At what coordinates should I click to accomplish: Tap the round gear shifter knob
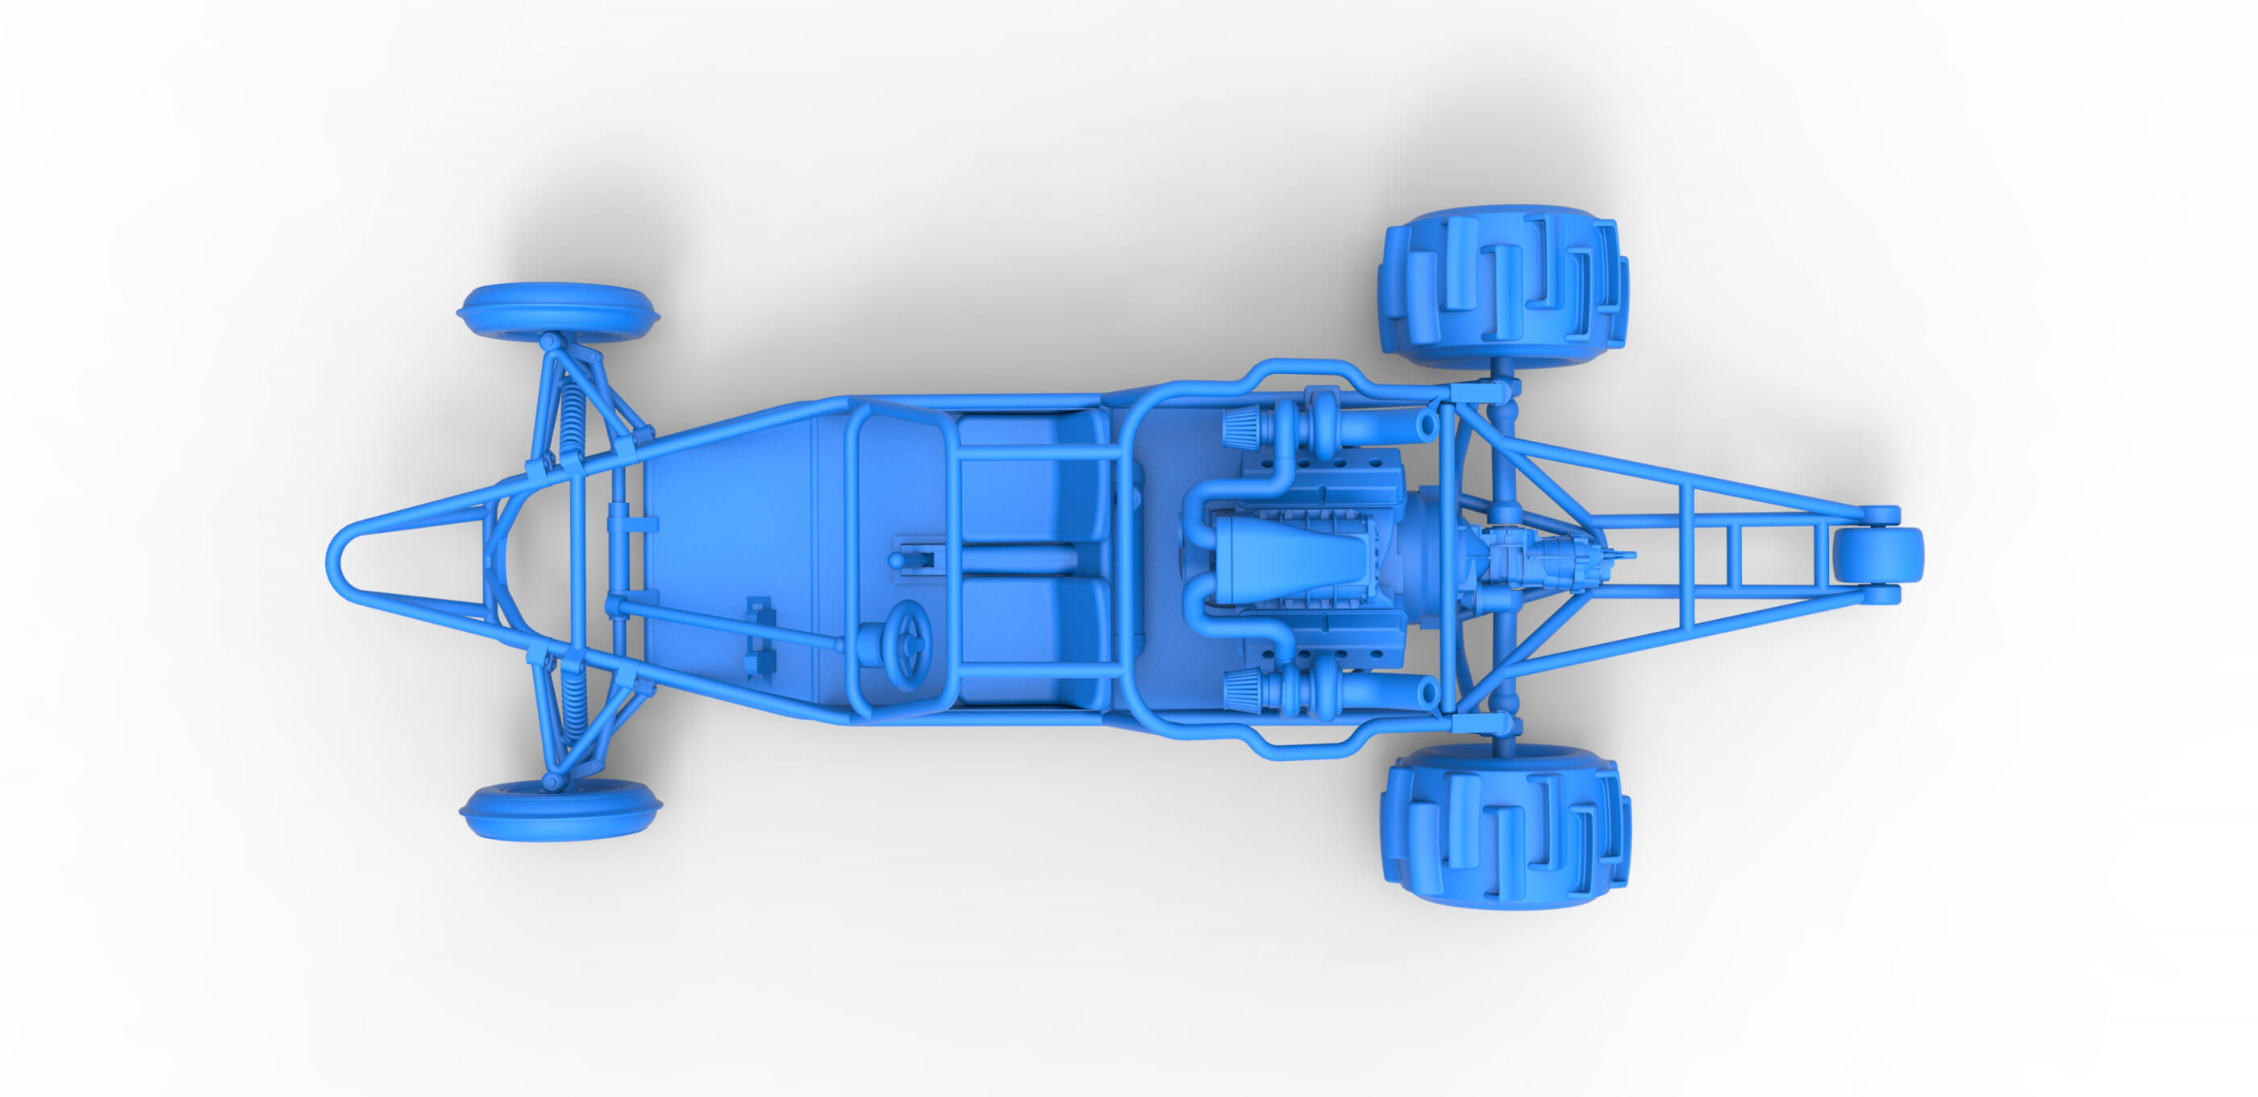898,560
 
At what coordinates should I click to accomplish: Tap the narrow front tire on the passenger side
557,311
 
